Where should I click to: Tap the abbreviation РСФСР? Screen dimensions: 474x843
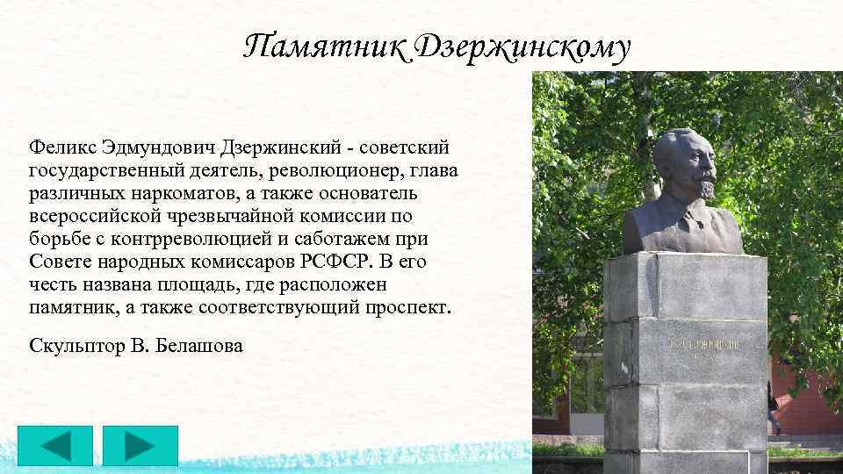click(x=338, y=262)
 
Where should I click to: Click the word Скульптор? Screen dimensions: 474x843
click(x=76, y=347)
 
